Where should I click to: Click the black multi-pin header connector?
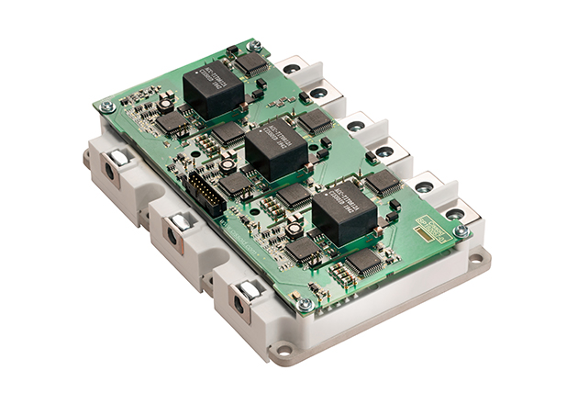click(x=204, y=195)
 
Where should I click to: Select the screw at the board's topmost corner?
click(x=255, y=44)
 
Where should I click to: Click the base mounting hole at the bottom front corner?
click(x=285, y=349)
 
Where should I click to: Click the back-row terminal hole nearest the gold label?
click(x=452, y=216)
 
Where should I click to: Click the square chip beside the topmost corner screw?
click(x=251, y=63)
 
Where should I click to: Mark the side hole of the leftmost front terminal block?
click(x=109, y=172)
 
